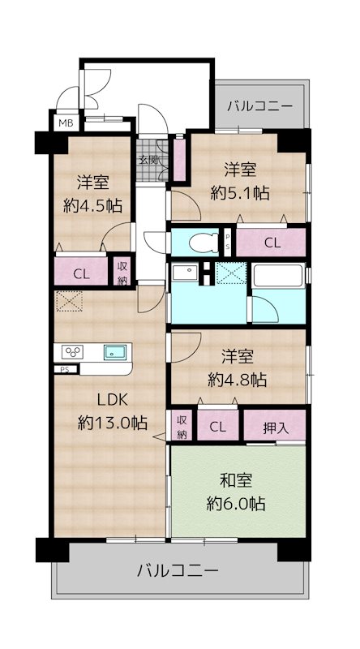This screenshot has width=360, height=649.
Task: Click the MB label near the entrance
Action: coord(62,122)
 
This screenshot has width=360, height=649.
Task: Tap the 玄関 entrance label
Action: coord(148,159)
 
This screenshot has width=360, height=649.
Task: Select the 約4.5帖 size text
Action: coord(93,205)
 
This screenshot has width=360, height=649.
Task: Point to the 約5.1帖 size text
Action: coord(239,193)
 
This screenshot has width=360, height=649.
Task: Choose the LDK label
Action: coord(113,399)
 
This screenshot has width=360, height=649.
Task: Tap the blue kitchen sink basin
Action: coord(114,352)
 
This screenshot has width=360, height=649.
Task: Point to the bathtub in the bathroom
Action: coord(277,276)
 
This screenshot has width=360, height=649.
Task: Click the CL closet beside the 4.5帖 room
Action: coord(81,273)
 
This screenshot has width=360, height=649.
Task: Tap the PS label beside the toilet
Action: coord(228,242)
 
